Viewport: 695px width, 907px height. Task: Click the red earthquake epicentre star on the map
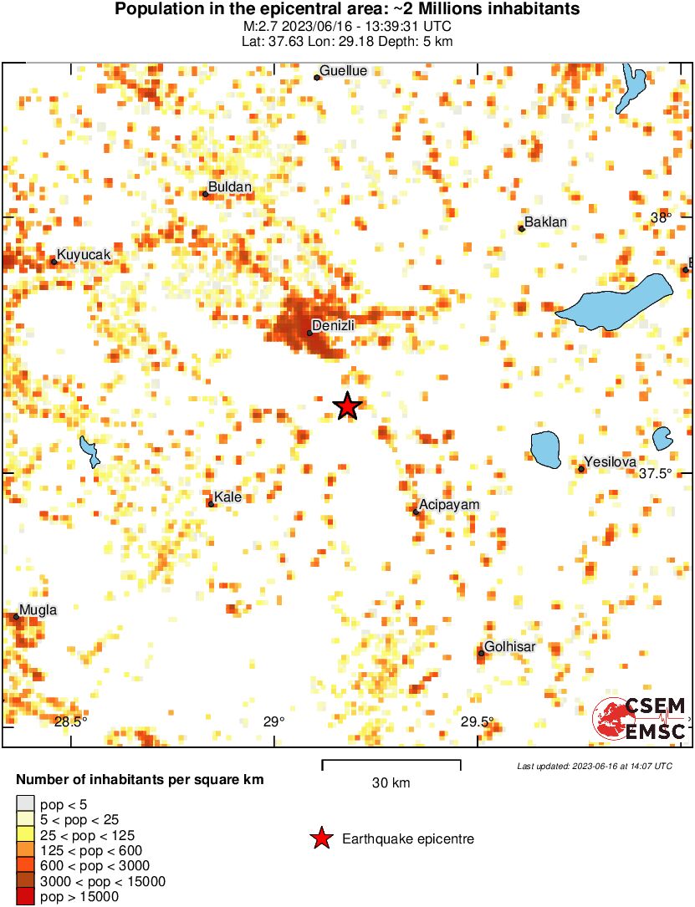(347, 406)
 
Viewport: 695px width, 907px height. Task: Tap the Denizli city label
(334, 325)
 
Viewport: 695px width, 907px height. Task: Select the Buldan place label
(229, 186)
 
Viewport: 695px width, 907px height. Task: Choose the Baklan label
(545, 222)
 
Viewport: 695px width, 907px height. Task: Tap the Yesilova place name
(611, 461)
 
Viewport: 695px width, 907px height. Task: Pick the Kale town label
(228, 497)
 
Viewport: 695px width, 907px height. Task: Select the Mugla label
(39, 609)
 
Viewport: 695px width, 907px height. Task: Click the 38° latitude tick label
(662, 217)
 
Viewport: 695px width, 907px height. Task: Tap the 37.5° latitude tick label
(656, 473)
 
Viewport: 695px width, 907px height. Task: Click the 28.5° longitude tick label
(71, 721)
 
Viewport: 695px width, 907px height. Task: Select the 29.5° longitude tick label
(478, 721)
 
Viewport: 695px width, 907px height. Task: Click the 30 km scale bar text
(391, 783)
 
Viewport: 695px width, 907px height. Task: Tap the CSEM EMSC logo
(640, 718)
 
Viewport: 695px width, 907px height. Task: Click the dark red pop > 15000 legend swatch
(25, 897)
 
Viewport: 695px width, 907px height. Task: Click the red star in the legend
(320, 838)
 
